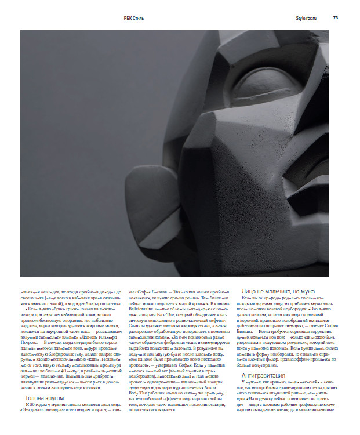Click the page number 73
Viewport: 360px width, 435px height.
click(336, 17)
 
